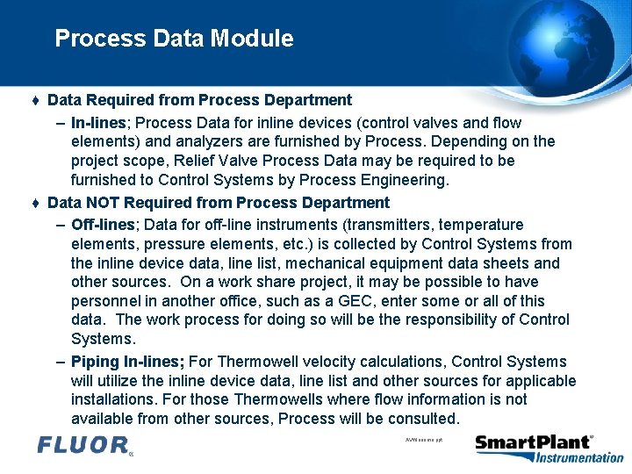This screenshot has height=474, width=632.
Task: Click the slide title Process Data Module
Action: (x=174, y=39)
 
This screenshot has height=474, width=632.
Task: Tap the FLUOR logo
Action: (x=84, y=445)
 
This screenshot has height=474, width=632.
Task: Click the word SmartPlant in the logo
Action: (x=533, y=442)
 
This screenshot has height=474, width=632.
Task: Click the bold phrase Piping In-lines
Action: (x=127, y=362)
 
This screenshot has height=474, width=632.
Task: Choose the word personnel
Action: (x=107, y=301)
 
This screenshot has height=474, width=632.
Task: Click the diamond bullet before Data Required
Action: (x=35, y=101)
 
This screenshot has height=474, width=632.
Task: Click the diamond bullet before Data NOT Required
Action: (x=35, y=203)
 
